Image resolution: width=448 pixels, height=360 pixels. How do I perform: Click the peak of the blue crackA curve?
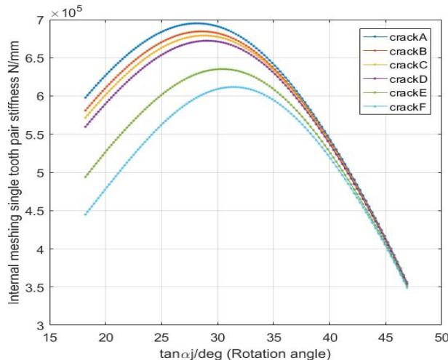pyautogui.click(x=196, y=23)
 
